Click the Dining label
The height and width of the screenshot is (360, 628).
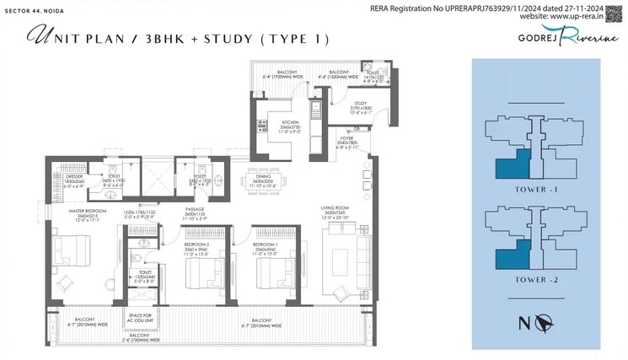pos(260,176)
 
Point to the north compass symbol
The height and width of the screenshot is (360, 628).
pos(543,322)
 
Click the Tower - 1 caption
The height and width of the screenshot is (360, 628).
pos(540,191)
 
